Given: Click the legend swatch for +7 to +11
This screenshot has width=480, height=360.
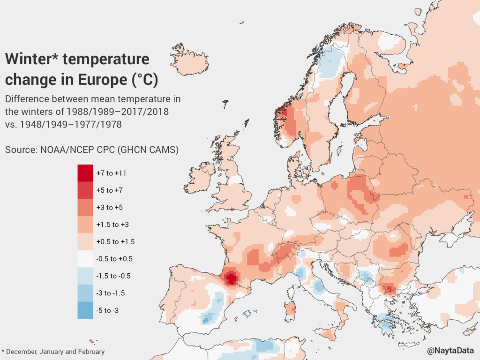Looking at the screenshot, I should click(86, 173).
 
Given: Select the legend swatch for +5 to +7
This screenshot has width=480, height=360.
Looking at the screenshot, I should click(86, 190).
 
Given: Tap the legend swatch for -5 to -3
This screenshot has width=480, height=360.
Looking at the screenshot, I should click(86, 310).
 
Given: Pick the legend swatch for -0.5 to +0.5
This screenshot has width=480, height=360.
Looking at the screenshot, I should click(86, 259).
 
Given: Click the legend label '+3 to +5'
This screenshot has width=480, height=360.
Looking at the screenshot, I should click(109, 207).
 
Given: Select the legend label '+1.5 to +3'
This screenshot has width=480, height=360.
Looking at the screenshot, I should click(112, 225).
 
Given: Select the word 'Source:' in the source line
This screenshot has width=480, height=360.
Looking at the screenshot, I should click(20, 150).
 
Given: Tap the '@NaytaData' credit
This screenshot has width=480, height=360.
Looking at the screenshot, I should click(450, 351).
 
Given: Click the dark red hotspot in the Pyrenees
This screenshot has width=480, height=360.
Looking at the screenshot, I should click(230, 278).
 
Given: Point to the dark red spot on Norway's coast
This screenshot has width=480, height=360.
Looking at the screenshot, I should click(281, 112).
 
